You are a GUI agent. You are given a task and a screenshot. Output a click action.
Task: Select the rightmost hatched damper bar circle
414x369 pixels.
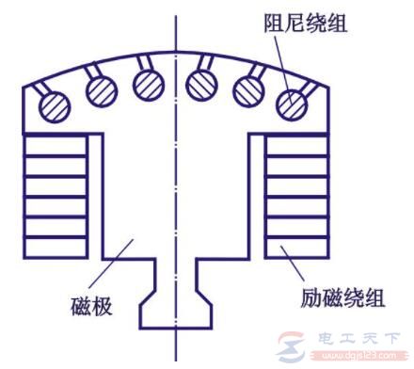295,100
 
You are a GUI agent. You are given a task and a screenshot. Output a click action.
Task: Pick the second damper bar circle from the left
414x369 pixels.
100,90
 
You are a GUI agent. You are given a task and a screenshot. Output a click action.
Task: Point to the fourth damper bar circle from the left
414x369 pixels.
202,84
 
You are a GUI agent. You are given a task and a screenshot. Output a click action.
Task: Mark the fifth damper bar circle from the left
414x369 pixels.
248,90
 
